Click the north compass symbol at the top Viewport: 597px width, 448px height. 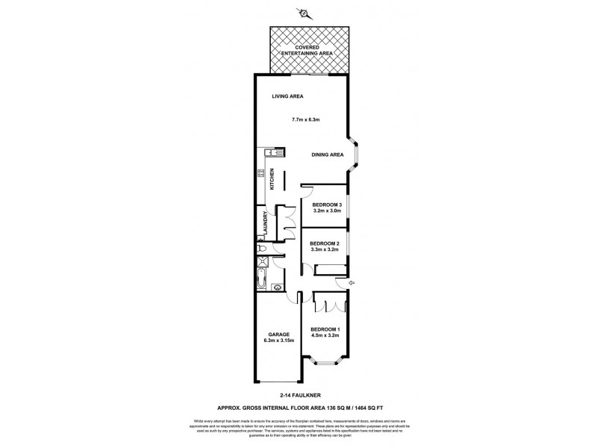pyautogui.click(x=303, y=12)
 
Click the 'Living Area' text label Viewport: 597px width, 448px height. pyautogui.click(x=287, y=96)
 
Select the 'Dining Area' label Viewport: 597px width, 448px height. pyautogui.click(x=327, y=155)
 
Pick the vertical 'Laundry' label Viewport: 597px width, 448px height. pyautogui.click(x=265, y=223)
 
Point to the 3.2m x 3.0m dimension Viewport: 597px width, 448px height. pyautogui.click(x=327, y=212)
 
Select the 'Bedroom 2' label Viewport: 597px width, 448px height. pyautogui.click(x=325, y=243)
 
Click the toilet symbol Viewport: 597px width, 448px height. pyautogui.click(x=260, y=249)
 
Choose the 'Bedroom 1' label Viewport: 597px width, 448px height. pyautogui.click(x=325, y=329)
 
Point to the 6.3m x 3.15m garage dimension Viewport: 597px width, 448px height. pyautogui.click(x=279, y=340)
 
